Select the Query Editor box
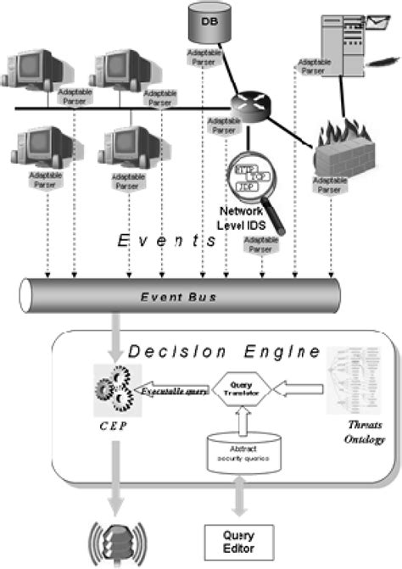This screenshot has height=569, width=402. (238, 538)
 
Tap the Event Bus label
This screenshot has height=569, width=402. (179, 296)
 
